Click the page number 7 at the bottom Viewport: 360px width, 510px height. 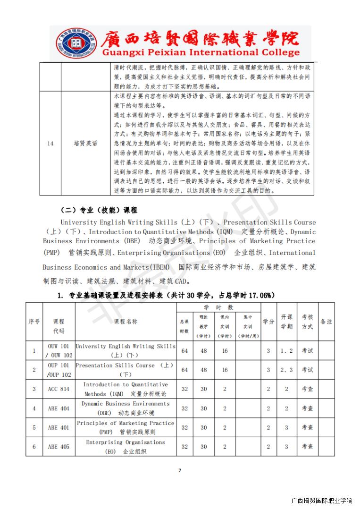pos(180,470)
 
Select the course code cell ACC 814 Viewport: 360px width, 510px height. pos(59,389)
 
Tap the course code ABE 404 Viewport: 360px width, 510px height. pos(59,408)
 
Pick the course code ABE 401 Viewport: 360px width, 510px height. pos(59,427)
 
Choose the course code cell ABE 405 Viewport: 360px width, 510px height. pos(59,446)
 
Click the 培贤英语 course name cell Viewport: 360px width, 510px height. pos(85,143)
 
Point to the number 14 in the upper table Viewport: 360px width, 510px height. pos(50,143)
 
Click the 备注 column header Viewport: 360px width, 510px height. pos(326,321)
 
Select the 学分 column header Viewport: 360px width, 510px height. pos(268,321)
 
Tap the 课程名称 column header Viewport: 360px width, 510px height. pos(126,321)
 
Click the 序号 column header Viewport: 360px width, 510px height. pos(34,321)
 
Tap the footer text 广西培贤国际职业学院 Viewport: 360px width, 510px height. pos(322,501)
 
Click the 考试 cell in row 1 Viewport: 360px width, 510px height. pos(307,350)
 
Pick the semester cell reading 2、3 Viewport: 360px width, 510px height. pos(286,370)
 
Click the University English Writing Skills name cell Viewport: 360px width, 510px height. pos(126,350)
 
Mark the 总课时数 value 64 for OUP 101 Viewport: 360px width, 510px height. pos(184,370)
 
